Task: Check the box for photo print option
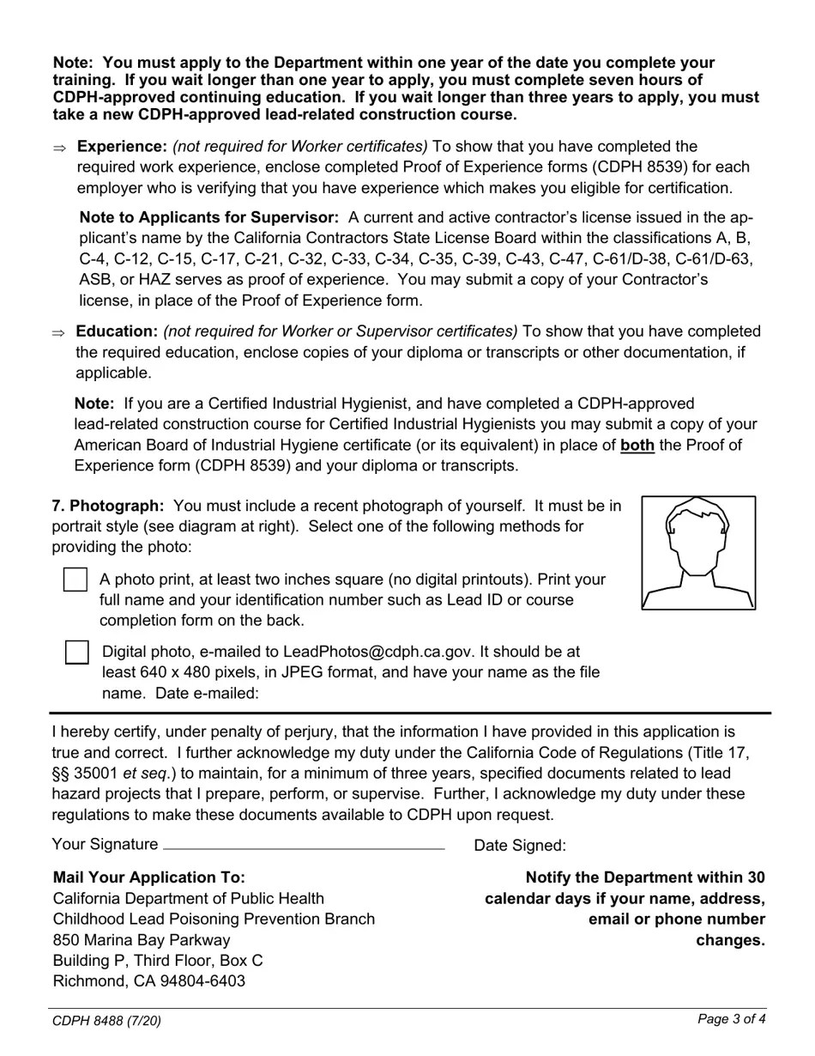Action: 75,580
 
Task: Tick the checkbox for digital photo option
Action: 77,652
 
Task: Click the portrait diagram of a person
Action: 698,553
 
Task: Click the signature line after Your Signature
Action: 304,845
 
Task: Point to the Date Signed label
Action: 520,846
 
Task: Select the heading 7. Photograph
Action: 107,506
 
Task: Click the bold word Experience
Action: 122,147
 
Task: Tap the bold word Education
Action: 117,331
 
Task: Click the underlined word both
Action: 637,445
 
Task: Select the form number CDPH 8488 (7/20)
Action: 106,1021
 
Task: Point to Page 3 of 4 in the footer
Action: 731,1019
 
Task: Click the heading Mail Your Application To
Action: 149,877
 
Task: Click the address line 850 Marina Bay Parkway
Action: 142,939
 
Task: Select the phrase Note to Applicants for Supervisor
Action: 208,218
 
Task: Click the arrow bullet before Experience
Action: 58,149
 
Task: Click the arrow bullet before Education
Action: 58,333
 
